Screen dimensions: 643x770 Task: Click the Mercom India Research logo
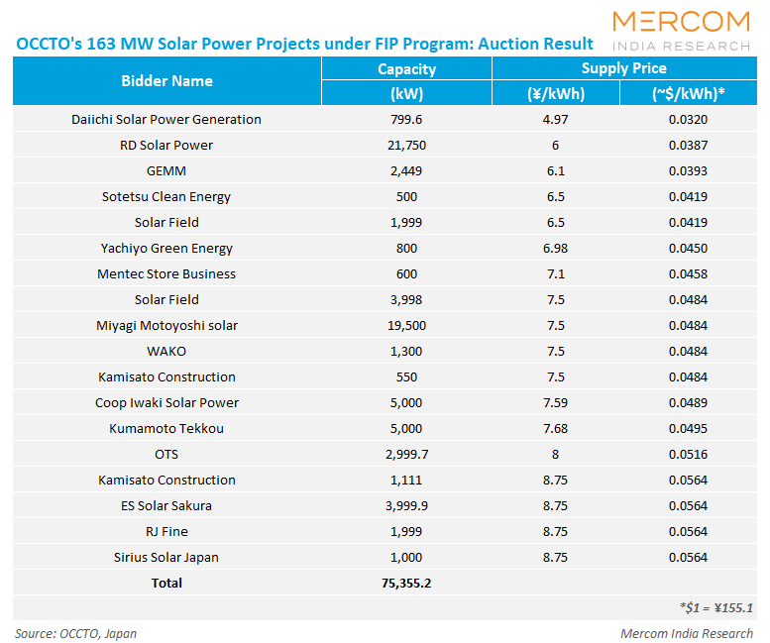coord(682,31)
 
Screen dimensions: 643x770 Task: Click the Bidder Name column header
coord(166,80)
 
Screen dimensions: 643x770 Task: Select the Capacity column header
coord(406,68)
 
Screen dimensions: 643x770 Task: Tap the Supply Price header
coord(623,68)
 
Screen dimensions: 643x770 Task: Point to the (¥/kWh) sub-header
coord(555,94)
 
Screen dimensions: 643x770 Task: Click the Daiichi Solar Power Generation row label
coord(166,120)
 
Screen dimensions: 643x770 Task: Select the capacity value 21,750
coord(406,146)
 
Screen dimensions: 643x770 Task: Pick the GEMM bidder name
coord(166,171)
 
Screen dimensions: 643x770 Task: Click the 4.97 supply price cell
coord(555,120)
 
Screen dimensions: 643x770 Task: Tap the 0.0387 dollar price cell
coord(688,146)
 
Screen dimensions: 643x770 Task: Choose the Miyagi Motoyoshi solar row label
coord(166,326)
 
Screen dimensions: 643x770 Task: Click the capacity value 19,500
coord(406,326)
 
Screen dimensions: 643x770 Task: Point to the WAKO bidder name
coord(166,352)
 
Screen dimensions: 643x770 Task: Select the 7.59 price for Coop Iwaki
coord(555,403)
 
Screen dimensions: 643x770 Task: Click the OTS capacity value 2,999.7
coord(406,455)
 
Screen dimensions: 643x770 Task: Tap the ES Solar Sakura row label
coord(166,506)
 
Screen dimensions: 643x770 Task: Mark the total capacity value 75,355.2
coord(406,584)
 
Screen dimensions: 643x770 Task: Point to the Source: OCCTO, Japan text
coord(76,633)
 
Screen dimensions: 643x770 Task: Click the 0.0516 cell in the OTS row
coord(688,455)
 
